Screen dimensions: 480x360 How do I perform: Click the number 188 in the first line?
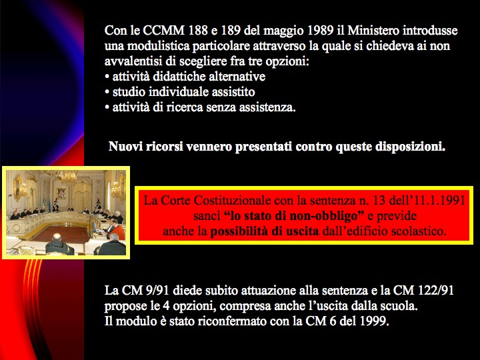click(198, 30)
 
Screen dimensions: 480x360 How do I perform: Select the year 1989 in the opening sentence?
click(320, 30)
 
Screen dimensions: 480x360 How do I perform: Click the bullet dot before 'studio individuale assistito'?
click(107, 92)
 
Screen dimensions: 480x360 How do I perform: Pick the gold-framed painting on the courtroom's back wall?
click(61, 193)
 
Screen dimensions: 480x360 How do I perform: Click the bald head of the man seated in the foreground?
click(57, 237)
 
